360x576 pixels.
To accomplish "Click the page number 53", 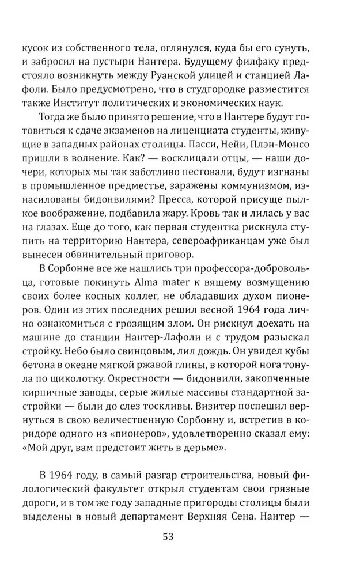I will pos(168,536).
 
